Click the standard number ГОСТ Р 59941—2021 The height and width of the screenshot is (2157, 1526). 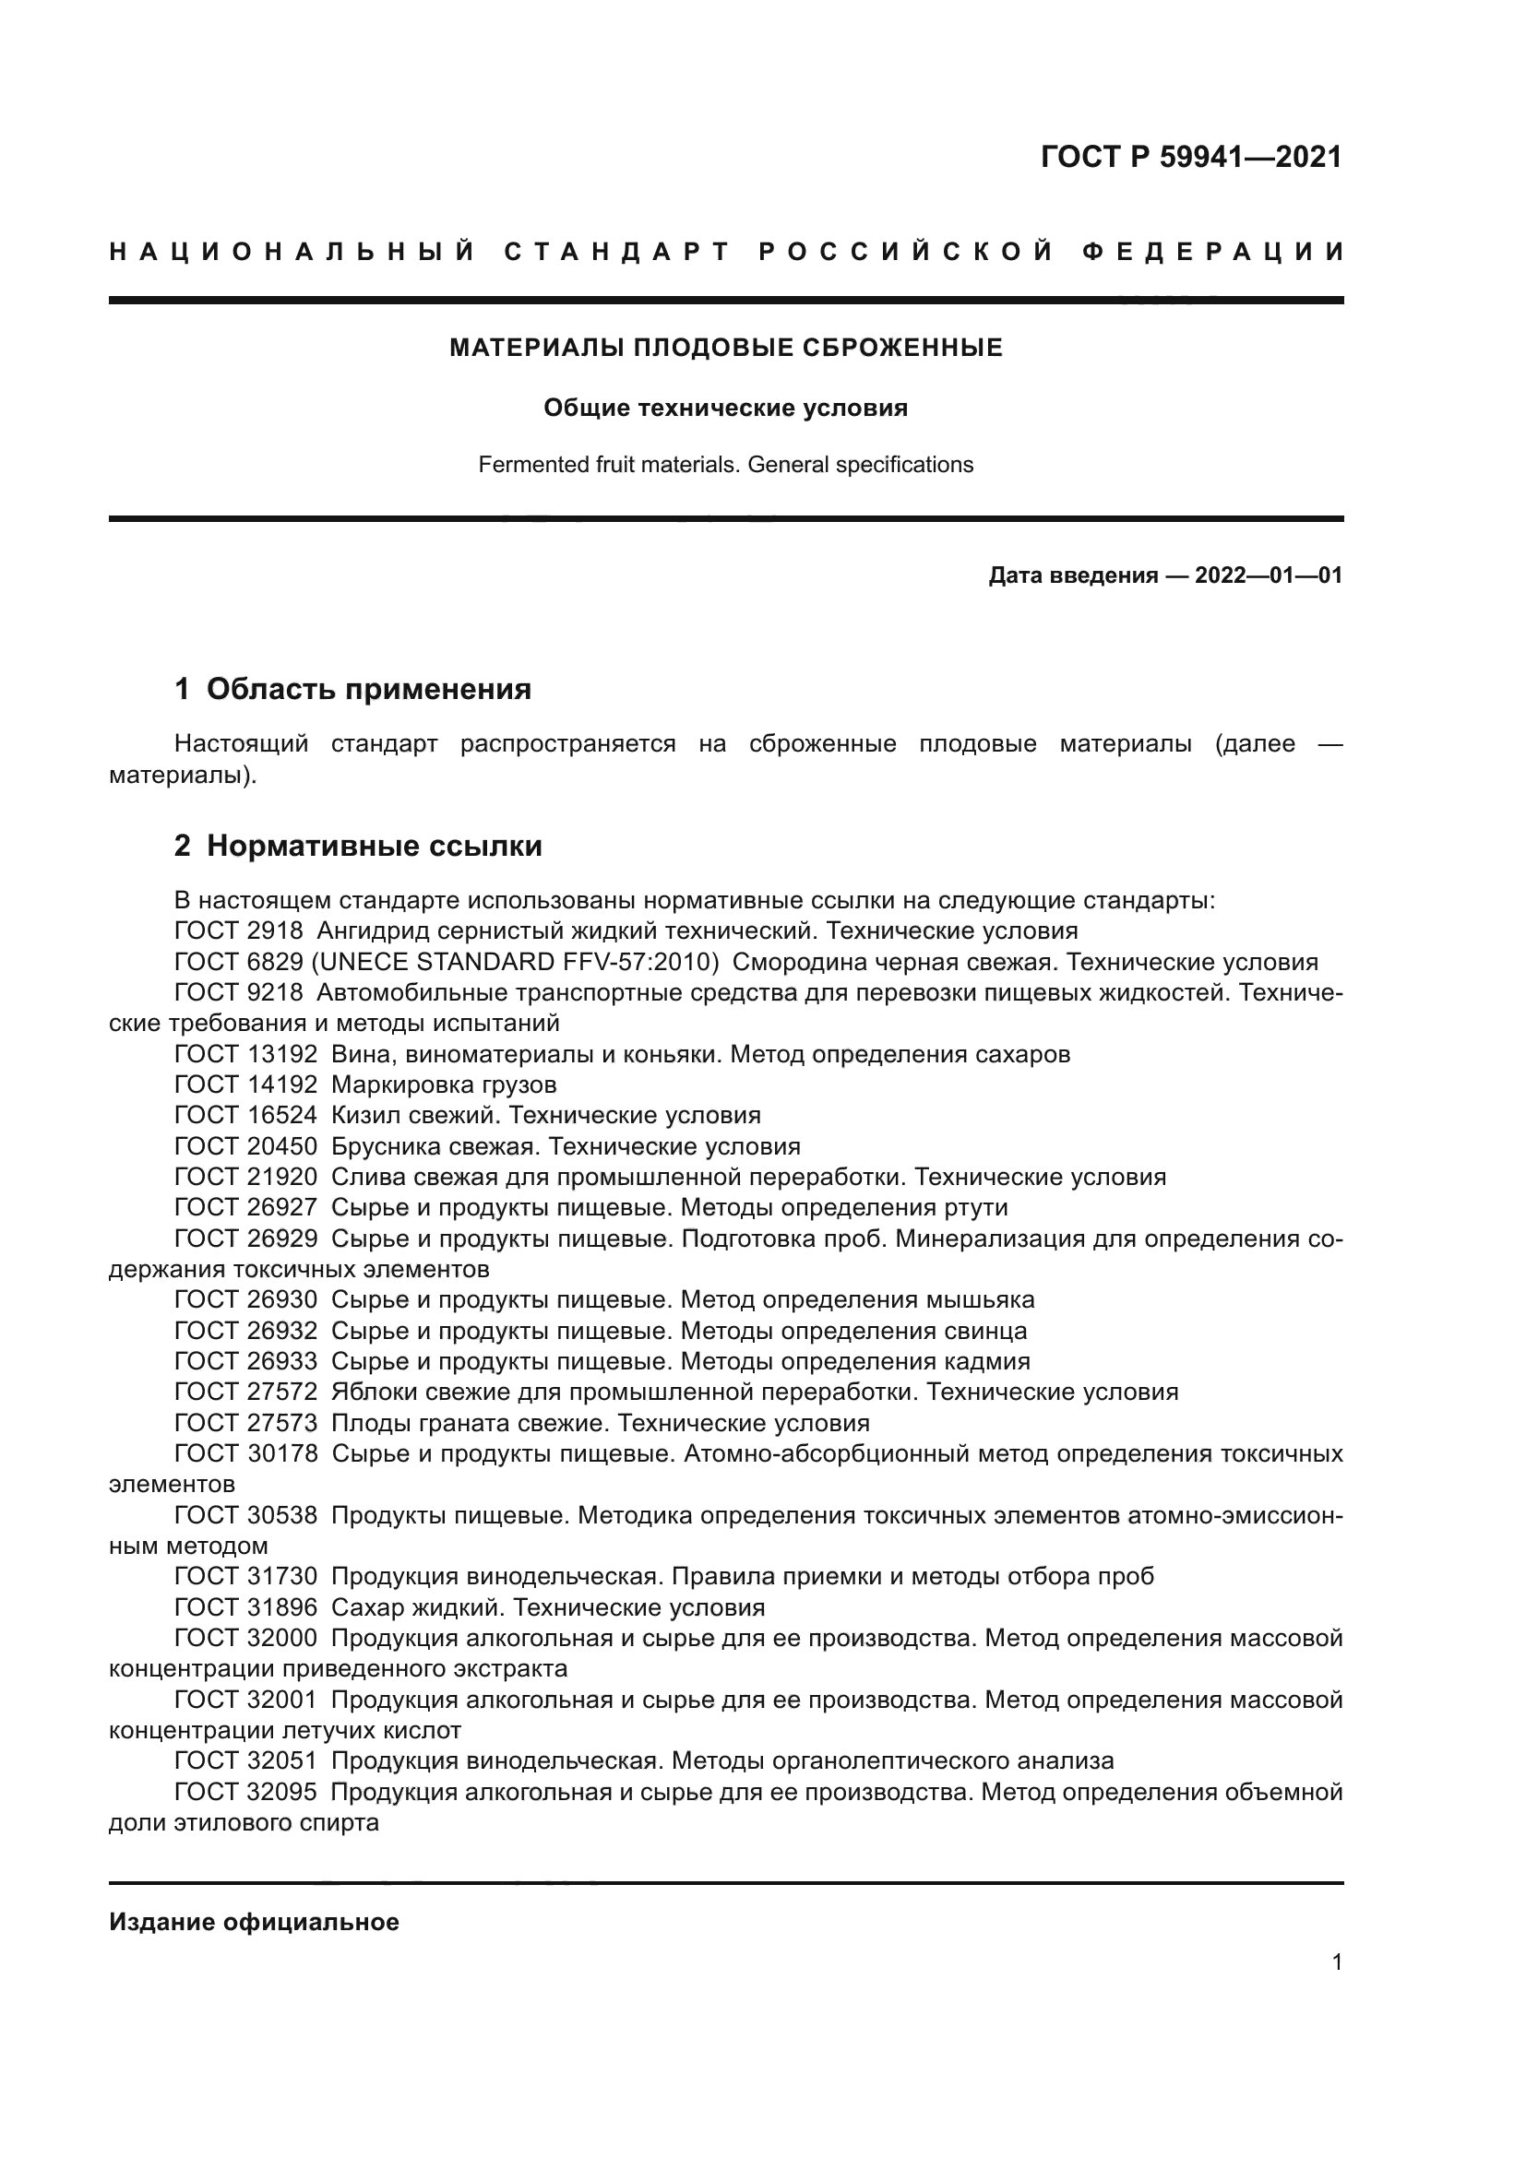(x=1190, y=157)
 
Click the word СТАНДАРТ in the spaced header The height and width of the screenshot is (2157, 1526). (x=616, y=252)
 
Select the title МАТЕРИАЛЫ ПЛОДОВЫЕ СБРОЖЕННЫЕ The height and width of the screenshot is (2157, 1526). (x=725, y=348)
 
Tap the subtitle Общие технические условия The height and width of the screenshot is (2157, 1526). (x=725, y=408)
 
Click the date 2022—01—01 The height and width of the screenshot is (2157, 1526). (x=1268, y=575)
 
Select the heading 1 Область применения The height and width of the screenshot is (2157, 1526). (x=352, y=689)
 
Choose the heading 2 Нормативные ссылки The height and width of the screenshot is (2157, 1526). (x=358, y=846)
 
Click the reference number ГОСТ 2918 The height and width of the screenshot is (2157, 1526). (x=239, y=931)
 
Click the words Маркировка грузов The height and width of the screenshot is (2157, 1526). (x=444, y=1084)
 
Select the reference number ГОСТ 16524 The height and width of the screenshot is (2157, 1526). (x=246, y=1115)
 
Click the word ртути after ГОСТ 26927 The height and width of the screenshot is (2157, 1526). (x=975, y=1207)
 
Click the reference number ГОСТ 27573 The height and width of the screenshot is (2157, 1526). (x=246, y=1422)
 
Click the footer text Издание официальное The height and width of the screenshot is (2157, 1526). (x=254, y=1922)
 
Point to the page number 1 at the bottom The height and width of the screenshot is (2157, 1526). (x=1336, y=1961)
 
